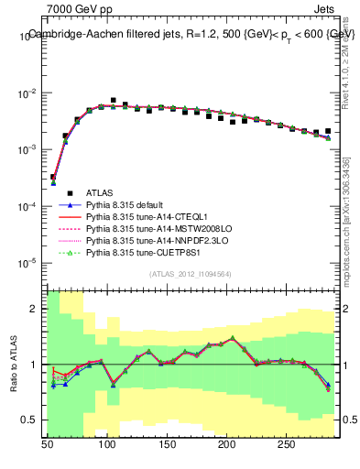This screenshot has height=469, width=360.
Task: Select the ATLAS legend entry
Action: click(100, 192)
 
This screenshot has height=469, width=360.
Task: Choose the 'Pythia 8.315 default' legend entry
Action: click(129, 204)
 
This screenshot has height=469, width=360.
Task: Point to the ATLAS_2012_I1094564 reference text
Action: click(191, 274)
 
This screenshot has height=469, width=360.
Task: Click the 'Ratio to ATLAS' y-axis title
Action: click(14, 365)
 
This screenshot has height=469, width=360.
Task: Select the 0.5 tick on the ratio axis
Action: click(32, 420)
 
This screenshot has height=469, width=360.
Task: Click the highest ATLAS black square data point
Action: click(113, 101)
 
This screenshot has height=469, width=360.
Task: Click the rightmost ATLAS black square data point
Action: click(327, 131)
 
